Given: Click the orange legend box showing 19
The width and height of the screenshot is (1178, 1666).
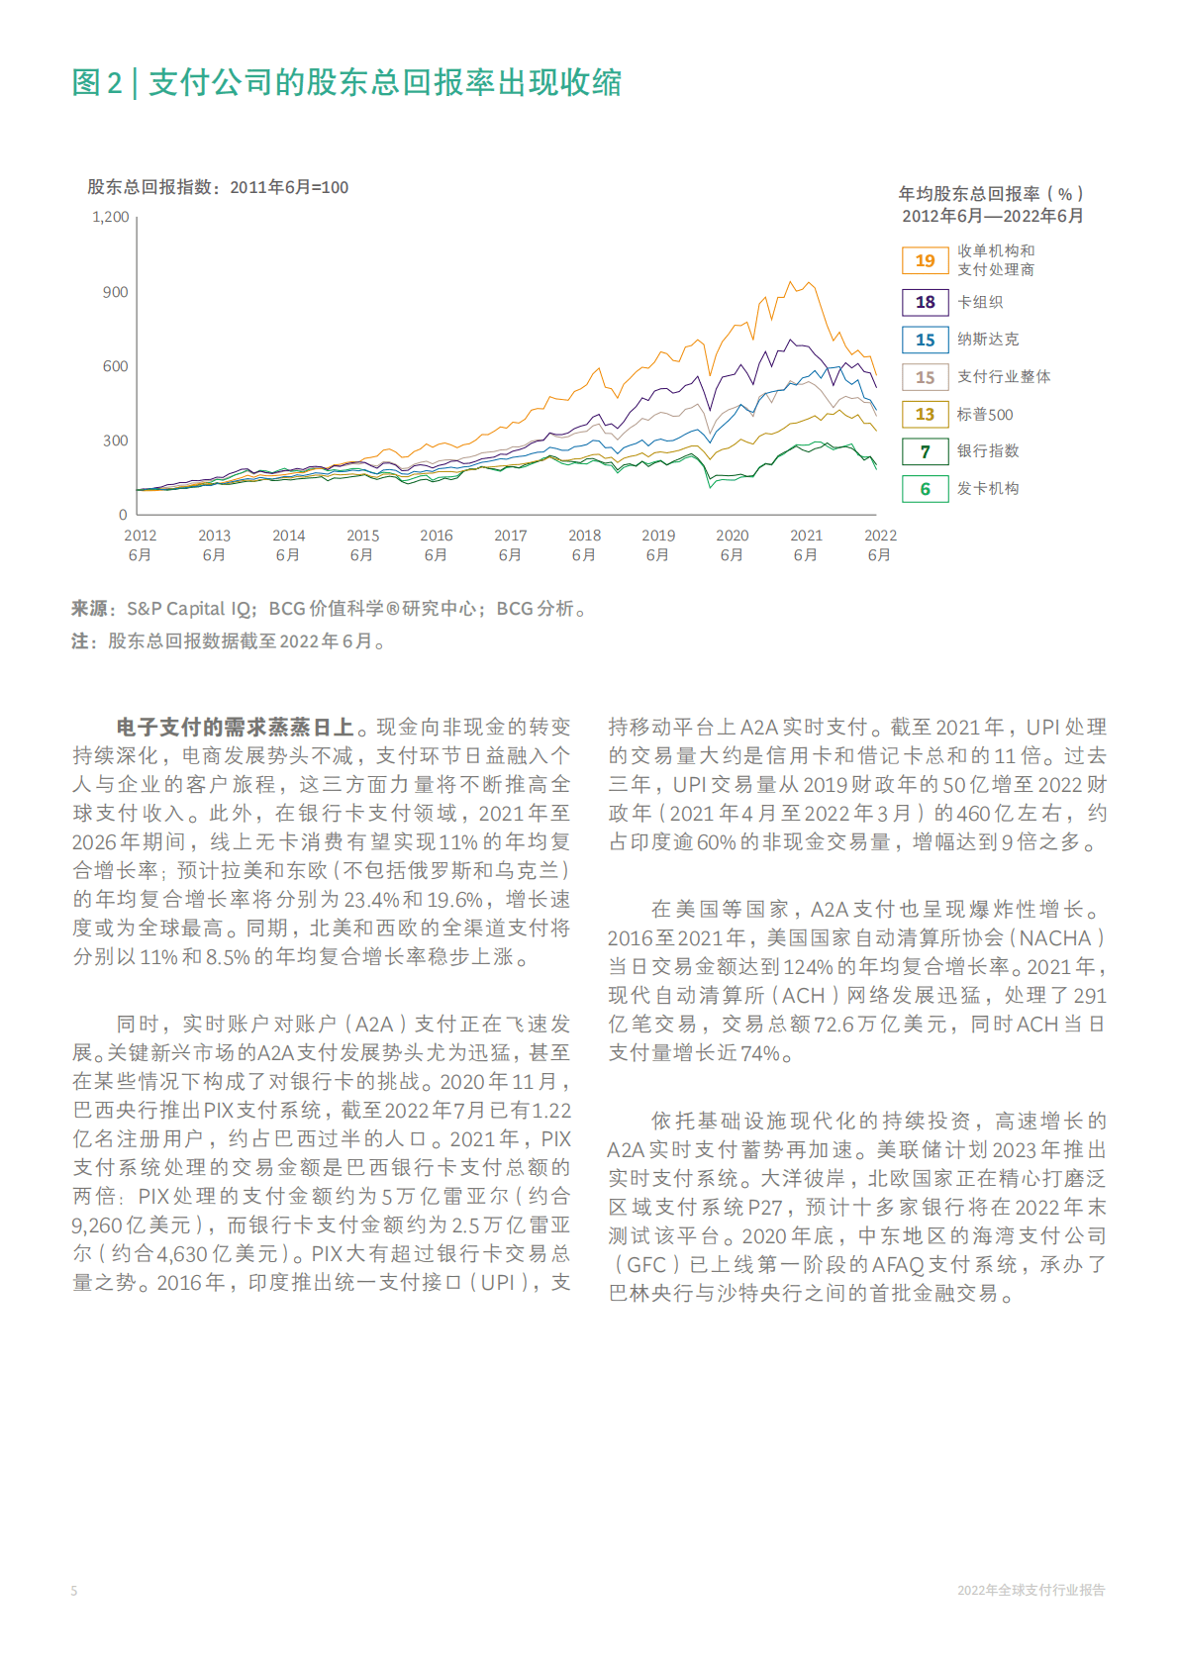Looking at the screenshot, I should (x=925, y=260).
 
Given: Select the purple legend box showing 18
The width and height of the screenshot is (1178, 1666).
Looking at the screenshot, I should (x=925, y=302).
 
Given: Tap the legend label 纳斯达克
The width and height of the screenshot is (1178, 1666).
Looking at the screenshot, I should (x=987, y=340).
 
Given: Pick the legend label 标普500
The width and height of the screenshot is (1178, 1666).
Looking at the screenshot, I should (x=984, y=415).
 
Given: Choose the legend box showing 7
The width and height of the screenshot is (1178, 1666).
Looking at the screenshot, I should (x=925, y=451).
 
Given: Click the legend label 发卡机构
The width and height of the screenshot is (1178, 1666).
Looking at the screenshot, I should (x=987, y=489).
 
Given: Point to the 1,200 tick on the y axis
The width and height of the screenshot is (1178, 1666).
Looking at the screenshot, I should (x=111, y=217).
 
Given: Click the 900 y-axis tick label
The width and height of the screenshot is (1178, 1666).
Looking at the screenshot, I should (x=115, y=292).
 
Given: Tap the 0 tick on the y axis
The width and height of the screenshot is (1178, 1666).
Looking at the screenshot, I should (x=123, y=515).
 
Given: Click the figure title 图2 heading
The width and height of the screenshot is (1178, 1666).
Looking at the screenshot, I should (x=346, y=82).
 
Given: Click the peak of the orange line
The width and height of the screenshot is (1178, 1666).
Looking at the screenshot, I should (x=810, y=283).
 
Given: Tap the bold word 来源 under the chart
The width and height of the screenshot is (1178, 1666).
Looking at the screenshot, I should (x=89, y=609).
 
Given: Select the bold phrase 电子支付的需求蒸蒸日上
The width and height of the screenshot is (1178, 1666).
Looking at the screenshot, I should (x=235, y=728).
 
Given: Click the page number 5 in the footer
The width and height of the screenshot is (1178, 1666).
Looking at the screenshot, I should (x=74, y=1591).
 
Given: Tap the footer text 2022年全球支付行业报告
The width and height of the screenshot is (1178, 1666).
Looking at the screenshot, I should (x=1031, y=1591).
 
